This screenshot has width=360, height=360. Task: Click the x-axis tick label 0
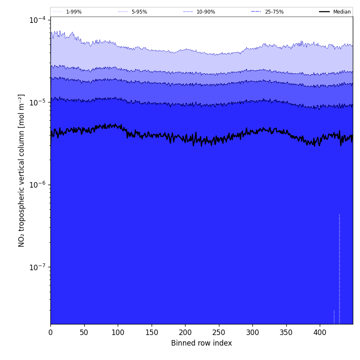tap(50, 332)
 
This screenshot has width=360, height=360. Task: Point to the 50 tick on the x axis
tap(84, 332)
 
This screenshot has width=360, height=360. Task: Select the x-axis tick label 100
tap(118, 332)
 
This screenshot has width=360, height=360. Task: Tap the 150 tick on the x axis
tap(152, 332)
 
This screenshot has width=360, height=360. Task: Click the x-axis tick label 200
tap(185, 332)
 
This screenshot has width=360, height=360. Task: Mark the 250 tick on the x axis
tap(219, 332)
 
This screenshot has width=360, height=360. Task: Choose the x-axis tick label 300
tap(252, 332)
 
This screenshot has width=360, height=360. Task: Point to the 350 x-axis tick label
tap(286, 332)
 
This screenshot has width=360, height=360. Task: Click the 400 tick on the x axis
tap(320, 332)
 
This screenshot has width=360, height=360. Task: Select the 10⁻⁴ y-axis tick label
tap(38, 20)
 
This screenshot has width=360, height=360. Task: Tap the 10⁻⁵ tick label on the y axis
tap(38, 102)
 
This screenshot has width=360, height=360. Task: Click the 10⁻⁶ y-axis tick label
tap(38, 185)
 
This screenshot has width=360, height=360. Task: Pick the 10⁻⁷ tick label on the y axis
tap(38, 267)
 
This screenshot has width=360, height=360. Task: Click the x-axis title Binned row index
tap(202, 343)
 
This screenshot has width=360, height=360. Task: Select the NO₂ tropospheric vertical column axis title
tap(22, 170)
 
